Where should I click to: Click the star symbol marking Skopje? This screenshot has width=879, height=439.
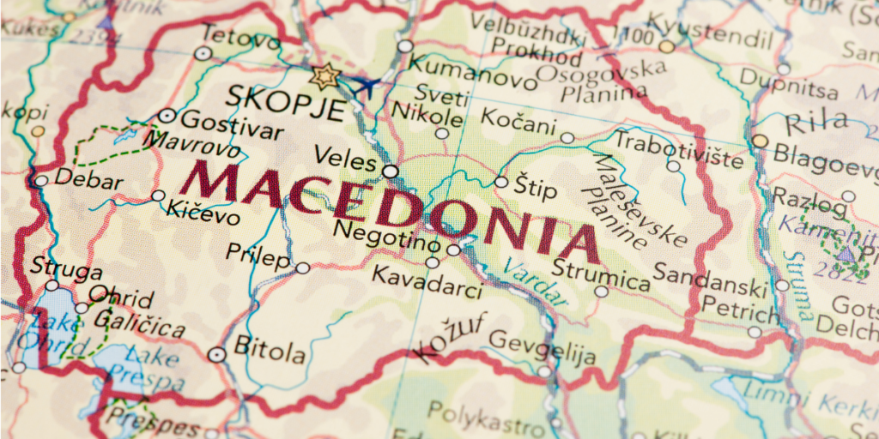coord(326,76)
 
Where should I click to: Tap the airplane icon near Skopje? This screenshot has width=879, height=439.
coord(365,86)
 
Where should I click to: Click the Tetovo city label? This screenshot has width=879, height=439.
coord(229,34)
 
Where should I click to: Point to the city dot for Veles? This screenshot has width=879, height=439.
coord(391,171)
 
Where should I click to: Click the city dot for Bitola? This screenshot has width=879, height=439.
coord(217,353)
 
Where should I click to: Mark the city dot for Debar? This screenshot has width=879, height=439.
coord(40,180)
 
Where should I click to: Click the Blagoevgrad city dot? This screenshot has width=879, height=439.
coord(760,141)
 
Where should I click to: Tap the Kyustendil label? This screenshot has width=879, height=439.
coord(721,37)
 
